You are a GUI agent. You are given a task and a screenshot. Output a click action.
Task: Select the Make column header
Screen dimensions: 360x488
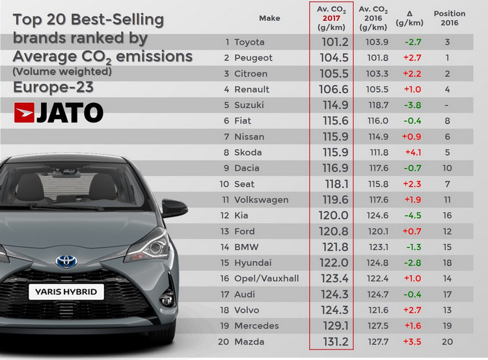click(269, 18)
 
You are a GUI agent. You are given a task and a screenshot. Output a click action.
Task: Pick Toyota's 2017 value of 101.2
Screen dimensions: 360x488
click(331, 42)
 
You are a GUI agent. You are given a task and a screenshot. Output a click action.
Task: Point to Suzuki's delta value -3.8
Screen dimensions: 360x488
click(414, 105)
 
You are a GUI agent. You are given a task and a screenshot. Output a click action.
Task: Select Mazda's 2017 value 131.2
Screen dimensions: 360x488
click(331, 341)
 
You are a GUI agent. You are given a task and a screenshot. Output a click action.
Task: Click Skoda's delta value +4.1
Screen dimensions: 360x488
click(414, 152)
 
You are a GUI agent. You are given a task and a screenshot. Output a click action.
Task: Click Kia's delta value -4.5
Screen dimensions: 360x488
click(414, 215)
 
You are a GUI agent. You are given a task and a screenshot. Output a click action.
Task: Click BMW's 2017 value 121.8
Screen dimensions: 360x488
click(331, 247)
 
